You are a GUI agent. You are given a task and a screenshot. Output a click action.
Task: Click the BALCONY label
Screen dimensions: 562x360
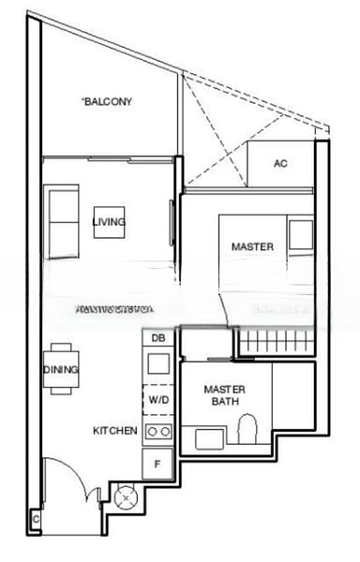(108, 101)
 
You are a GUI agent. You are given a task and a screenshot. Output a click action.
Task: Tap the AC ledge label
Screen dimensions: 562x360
(279, 164)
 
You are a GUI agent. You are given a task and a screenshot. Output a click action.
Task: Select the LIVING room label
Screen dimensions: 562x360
(109, 222)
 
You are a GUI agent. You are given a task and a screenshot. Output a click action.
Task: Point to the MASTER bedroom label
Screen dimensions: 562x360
(253, 247)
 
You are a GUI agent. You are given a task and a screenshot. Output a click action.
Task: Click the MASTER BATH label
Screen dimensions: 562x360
(224, 395)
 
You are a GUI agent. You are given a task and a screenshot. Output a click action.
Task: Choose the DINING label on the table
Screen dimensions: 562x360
(60, 370)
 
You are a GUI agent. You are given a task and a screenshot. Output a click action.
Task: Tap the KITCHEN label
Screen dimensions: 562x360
(115, 431)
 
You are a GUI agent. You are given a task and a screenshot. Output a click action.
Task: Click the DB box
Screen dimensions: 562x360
(157, 338)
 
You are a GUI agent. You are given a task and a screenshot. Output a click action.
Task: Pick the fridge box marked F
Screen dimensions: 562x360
(157, 462)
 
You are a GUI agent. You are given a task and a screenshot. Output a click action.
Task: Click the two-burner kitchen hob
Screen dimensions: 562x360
(157, 432)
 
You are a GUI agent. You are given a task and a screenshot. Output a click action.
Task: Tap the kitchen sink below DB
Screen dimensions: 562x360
(157, 364)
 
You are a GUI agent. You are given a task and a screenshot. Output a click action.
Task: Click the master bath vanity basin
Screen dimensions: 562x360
(207, 436)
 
